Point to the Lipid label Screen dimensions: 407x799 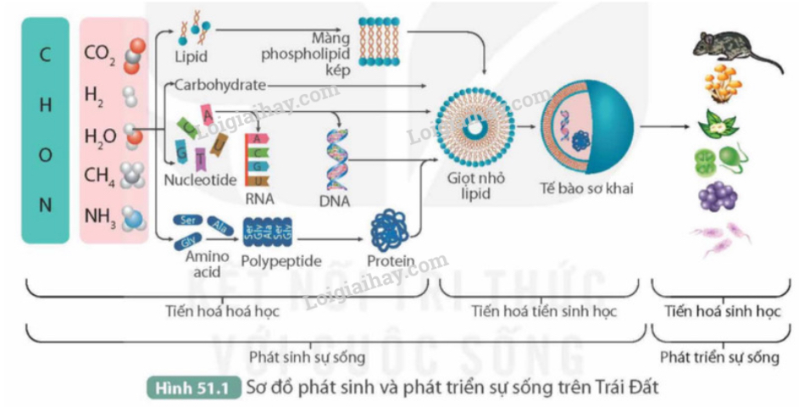(x=191, y=58)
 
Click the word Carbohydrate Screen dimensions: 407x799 (x=220, y=84)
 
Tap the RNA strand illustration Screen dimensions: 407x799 (x=258, y=159)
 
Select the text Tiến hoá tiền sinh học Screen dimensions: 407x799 (x=544, y=311)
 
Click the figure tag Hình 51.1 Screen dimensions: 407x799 (x=194, y=388)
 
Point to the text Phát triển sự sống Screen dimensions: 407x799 (x=719, y=357)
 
